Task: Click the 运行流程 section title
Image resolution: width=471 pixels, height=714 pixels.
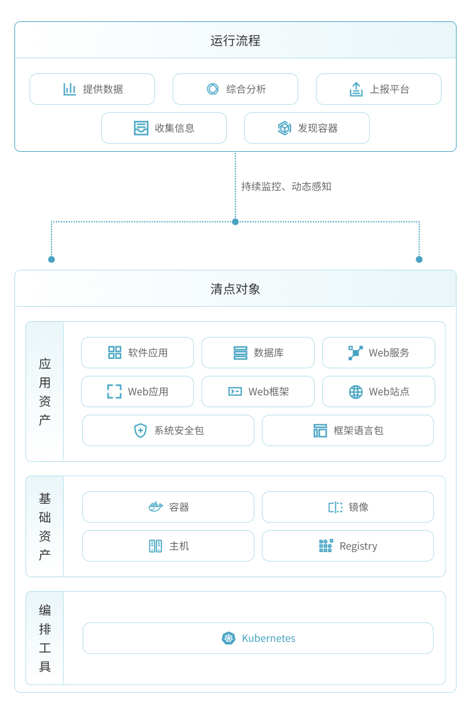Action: tap(235, 41)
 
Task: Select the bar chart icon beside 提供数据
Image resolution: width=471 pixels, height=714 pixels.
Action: tap(70, 89)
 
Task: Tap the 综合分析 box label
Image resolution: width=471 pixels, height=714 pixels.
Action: tap(246, 89)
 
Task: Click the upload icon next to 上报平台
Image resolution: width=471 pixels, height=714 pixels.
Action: tap(356, 89)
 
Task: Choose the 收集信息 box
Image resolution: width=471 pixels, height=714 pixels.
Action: tap(164, 128)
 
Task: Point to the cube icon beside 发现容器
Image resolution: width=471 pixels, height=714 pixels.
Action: tap(284, 128)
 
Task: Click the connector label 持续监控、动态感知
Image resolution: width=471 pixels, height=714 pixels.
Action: tap(286, 186)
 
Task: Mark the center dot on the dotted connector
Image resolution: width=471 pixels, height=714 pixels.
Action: tap(235, 221)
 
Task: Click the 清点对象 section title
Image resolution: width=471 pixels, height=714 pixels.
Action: tap(235, 289)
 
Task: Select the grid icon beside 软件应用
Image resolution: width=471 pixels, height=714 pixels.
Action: tap(115, 353)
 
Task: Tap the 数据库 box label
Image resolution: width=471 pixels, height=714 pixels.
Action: tap(269, 353)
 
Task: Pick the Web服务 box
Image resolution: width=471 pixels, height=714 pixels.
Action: tap(379, 353)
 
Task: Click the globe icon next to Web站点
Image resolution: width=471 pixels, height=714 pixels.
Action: tap(356, 392)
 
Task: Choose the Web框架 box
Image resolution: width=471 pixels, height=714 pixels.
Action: tap(258, 392)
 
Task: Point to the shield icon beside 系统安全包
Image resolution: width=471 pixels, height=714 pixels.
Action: tap(140, 430)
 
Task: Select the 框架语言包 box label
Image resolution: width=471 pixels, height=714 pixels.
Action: tap(359, 430)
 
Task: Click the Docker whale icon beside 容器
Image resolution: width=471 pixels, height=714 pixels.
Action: tap(156, 507)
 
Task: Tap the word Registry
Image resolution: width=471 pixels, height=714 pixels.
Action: tap(359, 546)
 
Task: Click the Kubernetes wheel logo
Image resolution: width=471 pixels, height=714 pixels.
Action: tap(229, 638)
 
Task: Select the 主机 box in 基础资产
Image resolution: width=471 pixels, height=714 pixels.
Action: tap(168, 546)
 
